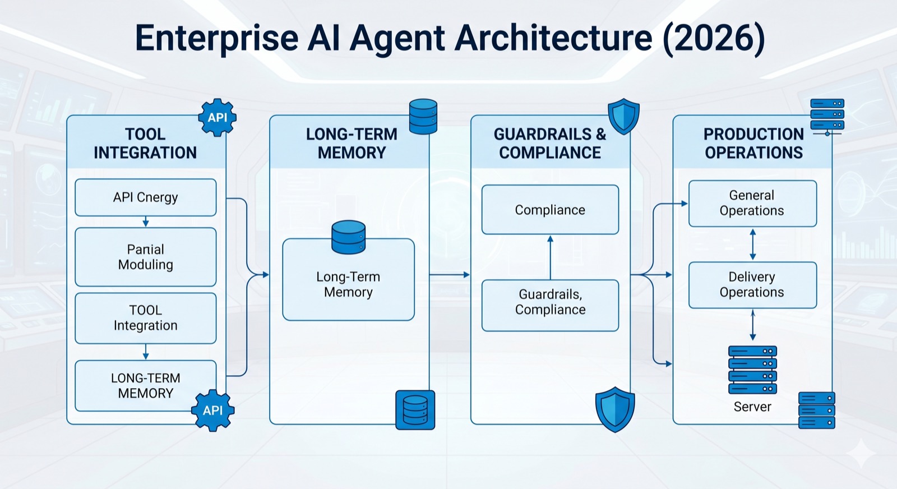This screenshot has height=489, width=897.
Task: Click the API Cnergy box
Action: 145,197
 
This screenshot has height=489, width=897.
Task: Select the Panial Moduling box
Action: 145,257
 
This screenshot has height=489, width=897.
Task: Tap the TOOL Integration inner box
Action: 145,318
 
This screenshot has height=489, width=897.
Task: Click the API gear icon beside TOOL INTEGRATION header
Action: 217,117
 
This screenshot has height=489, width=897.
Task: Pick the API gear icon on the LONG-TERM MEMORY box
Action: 212,410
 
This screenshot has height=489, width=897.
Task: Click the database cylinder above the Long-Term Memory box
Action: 348,237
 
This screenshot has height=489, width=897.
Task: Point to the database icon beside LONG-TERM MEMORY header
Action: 423,116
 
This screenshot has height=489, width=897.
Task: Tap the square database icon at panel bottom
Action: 415,410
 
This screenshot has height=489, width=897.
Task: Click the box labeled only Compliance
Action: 550,210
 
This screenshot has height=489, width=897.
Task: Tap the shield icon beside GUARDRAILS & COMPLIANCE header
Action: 623,116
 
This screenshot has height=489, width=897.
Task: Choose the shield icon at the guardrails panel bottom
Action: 615,409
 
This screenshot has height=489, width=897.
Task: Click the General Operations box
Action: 752,203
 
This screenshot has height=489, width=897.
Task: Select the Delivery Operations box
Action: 752,285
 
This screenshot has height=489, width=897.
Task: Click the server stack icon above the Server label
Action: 752,370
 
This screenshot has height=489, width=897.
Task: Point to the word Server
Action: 752,407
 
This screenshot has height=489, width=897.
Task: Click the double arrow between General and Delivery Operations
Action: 752,244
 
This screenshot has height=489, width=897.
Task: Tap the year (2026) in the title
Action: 714,38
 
